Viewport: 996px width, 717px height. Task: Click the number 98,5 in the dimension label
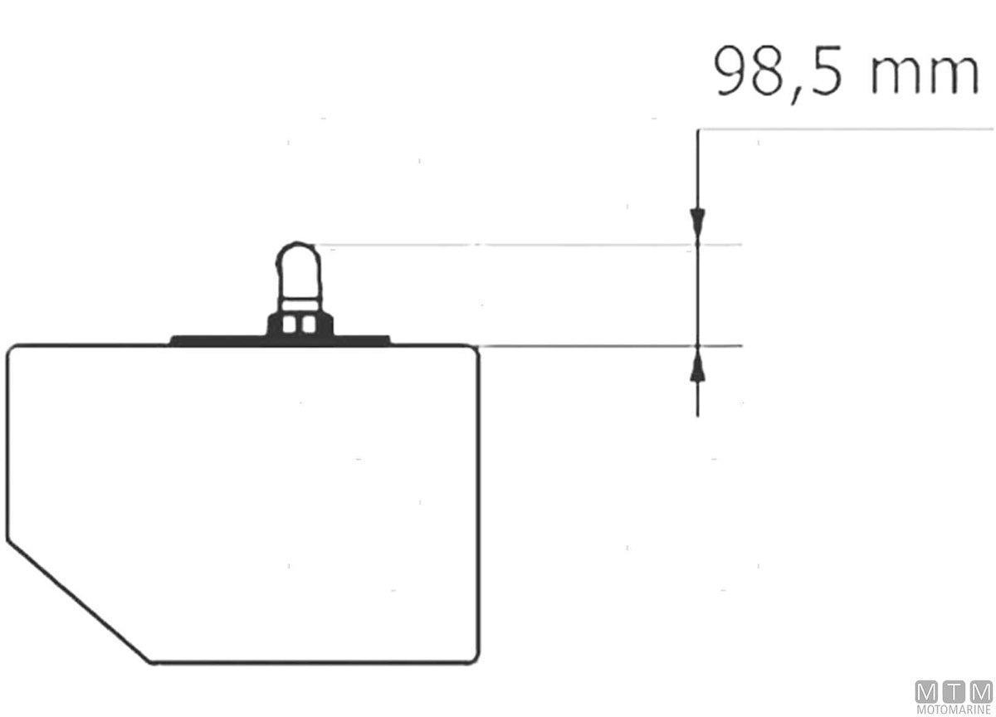[x=778, y=73]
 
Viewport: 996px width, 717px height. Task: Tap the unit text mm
[x=925, y=76]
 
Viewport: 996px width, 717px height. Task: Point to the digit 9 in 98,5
[x=730, y=71]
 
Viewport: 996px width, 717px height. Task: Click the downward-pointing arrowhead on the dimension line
[x=697, y=222]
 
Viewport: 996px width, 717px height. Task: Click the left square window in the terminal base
[x=289, y=324]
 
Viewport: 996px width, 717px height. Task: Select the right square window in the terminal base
[x=309, y=324]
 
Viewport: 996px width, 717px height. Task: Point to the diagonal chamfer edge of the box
[x=79, y=602]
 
